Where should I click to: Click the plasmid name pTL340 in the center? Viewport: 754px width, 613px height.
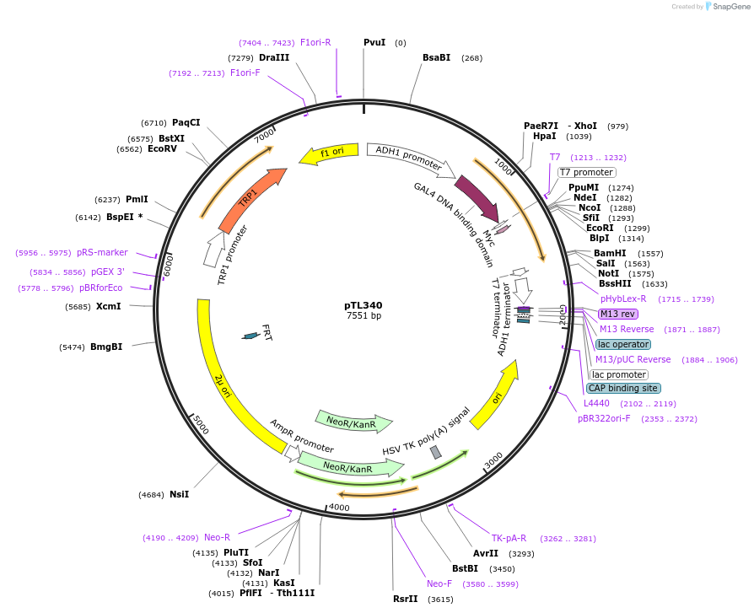(364, 305)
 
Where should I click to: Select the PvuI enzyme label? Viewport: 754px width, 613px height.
(374, 42)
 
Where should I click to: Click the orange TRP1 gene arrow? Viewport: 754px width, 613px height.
(250, 200)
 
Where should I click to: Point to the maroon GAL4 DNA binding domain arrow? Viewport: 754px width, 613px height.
(477, 199)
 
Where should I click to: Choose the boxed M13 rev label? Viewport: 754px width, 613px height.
(617, 314)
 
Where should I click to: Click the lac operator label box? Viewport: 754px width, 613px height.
(623, 344)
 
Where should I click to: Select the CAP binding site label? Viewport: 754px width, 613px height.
(623, 389)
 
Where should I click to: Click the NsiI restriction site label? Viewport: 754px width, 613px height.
(179, 494)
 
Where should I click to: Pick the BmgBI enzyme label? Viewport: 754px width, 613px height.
(106, 347)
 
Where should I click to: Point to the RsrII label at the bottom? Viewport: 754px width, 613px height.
(405, 599)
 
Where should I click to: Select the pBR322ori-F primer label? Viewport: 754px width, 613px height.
(604, 418)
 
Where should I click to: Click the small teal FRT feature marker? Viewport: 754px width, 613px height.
(250, 336)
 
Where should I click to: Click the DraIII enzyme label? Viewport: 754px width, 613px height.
(274, 57)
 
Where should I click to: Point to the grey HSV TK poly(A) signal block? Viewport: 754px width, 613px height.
(435, 453)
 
